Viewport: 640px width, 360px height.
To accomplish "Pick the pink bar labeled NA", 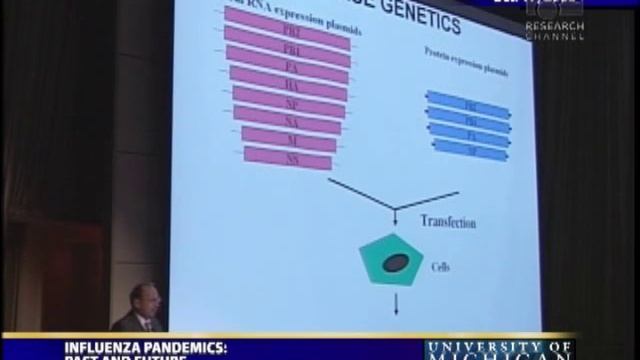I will pyautogui.click(x=288, y=119).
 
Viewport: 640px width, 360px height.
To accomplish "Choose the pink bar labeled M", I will pyautogui.click(x=288, y=138).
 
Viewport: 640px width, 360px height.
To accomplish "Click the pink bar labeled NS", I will pyautogui.click(x=288, y=157).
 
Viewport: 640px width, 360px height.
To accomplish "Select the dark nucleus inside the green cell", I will pyautogui.click(x=396, y=263).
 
